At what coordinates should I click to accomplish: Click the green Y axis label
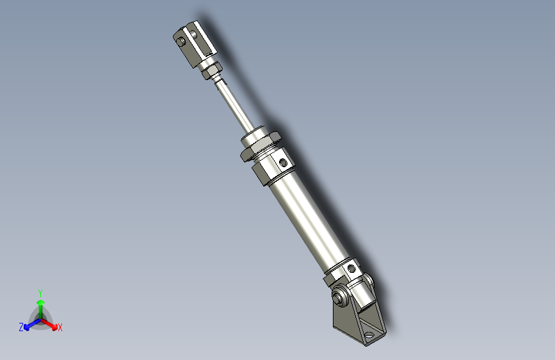coord(40,291)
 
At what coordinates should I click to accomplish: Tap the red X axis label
coord(60,328)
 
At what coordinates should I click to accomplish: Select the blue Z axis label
coord(21,327)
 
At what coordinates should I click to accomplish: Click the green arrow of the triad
coord(40,304)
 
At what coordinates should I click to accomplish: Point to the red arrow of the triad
coord(51,323)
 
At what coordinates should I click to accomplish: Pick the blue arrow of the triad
coord(29,324)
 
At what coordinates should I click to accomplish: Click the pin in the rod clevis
coord(182,42)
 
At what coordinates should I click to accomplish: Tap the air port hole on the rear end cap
coord(351,268)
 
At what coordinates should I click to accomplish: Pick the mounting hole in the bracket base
coord(371,334)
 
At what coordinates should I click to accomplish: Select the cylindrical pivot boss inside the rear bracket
coord(361,291)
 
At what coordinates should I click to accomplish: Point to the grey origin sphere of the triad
coord(40,318)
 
